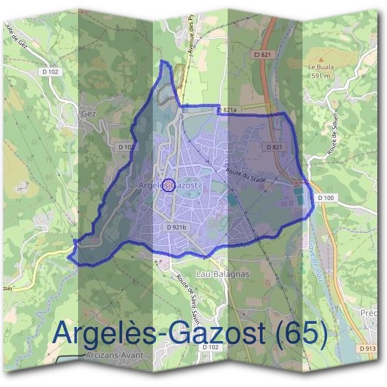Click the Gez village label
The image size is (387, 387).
[88, 113]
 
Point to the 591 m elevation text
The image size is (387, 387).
[321, 75]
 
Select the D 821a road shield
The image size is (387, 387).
[226, 110]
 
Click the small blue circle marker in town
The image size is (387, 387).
[168, 186]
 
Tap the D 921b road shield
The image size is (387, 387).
[176, 227]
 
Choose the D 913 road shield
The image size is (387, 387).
[366, 349]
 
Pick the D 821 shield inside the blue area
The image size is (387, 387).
[273, 147]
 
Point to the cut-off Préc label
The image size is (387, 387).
[371, 313]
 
